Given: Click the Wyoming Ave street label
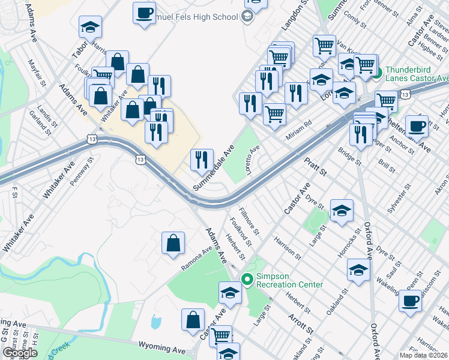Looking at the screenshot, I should (x=163, y=346).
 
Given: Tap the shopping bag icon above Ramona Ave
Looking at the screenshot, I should (x=173, y=243).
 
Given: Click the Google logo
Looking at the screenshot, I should (x=20, y=353).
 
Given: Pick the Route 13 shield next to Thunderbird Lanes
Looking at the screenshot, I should (x=406, y=94).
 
